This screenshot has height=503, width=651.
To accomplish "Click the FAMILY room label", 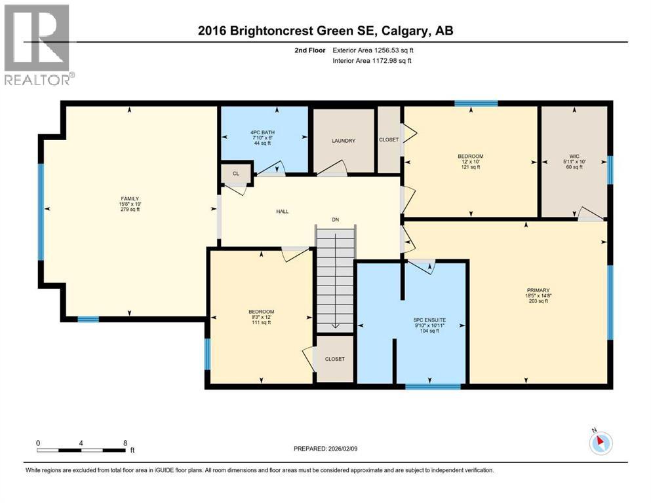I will [x=129, y=198].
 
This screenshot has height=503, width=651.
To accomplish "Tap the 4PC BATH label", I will [x=264, y=132].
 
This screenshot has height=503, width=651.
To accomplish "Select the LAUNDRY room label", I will [x=343, y=140].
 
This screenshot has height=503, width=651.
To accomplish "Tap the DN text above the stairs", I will [x=335, y=220].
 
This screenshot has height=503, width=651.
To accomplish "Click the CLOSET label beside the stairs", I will [x=334, y=359].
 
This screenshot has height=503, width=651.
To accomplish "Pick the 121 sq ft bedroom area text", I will [x=470, y=167].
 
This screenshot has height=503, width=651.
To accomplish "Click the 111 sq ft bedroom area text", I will [x=260, y=322].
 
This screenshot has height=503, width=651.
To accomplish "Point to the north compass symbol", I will [x=600, y=443].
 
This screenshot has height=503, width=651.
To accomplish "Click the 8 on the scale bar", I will [x=125, y=443].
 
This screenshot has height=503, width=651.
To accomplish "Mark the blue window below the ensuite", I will [x=423, y=386].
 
